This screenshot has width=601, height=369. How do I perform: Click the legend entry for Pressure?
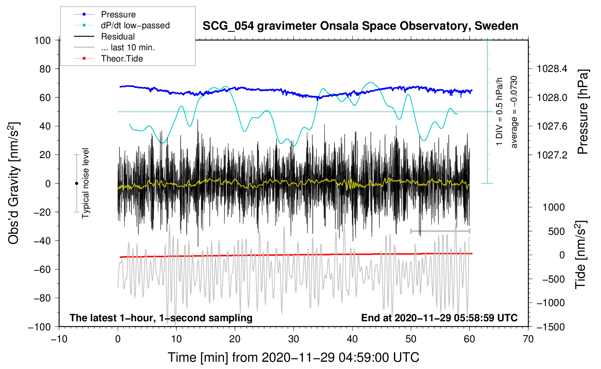[118, 14]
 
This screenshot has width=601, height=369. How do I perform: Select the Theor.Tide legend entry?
[122, 59]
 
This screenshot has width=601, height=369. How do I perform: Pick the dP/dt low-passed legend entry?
[135, 25]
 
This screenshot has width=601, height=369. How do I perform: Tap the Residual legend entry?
[118, 37]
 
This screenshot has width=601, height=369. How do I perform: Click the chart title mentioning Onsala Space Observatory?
[360, 26]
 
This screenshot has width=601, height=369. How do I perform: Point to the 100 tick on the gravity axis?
[42, 40]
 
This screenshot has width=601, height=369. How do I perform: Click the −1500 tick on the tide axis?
[551, 327]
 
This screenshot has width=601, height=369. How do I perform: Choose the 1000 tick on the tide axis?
[554, 207]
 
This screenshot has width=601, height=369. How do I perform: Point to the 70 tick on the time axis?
[528, 339]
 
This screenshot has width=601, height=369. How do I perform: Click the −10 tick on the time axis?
[59, 339]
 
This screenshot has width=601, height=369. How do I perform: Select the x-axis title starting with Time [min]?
[293, 357]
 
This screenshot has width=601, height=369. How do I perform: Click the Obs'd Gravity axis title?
[14, 183]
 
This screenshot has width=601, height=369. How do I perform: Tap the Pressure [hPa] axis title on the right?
[583, 112]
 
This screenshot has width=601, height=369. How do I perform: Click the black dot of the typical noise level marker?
[76, 183]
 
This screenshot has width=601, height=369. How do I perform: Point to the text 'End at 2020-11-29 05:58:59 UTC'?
[439, 318]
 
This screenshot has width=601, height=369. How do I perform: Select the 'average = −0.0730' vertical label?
[514, 112]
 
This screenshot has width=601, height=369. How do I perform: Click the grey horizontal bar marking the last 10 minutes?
[440, 231]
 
